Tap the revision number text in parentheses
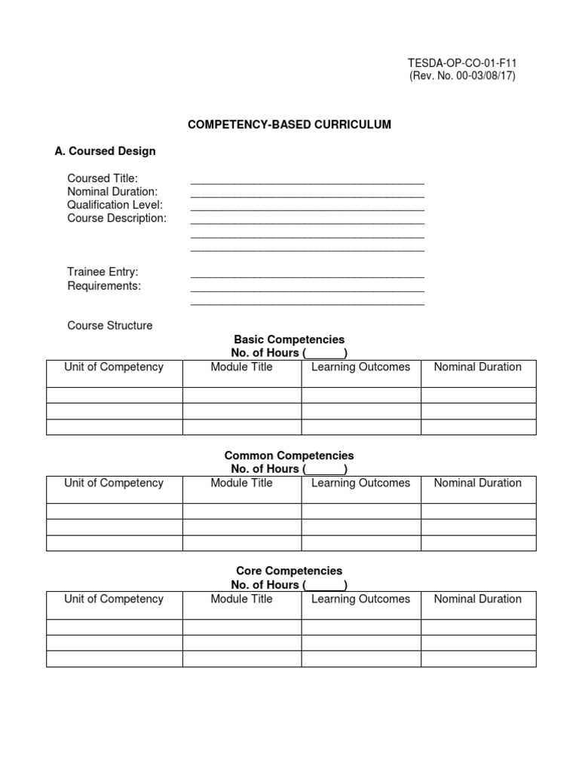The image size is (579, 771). pos(462,77)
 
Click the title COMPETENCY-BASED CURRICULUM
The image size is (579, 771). pos(289,124)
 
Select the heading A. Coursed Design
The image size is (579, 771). pos(105,151)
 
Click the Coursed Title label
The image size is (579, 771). pos(103,178)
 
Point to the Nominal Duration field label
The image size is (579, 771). pos(112,192)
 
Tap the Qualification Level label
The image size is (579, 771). pos(115,205)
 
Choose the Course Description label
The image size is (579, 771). pos(117,218)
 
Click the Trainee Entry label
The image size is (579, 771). pos(103,272)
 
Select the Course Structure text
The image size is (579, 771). pos(109,325)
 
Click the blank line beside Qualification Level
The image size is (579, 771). pos(308,208)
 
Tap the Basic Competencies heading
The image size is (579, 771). pos(289,340)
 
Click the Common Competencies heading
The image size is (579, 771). pos(289,456)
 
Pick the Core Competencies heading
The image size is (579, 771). pos(289,571)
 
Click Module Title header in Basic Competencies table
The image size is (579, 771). pos(242,367)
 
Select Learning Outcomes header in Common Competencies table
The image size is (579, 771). pos(360,483)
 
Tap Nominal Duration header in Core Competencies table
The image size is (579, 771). pos(478,599)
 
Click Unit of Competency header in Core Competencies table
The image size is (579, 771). pos(114,599)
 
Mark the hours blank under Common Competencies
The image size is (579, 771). pos(325,470)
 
